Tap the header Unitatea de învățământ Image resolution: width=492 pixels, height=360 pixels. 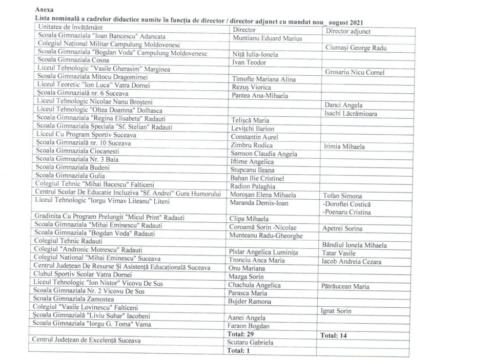[70, 26]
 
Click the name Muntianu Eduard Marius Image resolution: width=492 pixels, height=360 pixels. [267, 38]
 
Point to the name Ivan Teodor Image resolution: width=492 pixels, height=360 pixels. [249, 63]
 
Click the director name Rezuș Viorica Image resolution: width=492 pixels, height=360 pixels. [252, 88]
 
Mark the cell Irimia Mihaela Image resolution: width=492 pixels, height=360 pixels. [344, 146]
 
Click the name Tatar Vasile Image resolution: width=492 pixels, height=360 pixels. [339, 253]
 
